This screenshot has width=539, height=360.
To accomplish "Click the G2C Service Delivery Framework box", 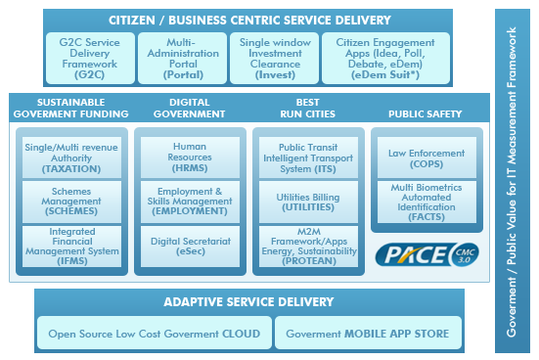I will pos(89,57).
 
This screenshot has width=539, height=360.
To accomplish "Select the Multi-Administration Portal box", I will pos(182,57).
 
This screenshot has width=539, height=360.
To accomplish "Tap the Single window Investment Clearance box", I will pos(278,57).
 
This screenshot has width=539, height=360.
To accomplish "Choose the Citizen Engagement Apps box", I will pos(386,57).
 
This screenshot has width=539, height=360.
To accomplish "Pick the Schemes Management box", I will pos(70,200).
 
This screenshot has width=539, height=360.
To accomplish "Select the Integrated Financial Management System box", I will pos(70,246).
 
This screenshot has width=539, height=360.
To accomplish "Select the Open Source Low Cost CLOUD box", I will pos(155,334).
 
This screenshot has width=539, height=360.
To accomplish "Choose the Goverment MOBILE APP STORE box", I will pos(367,334).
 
